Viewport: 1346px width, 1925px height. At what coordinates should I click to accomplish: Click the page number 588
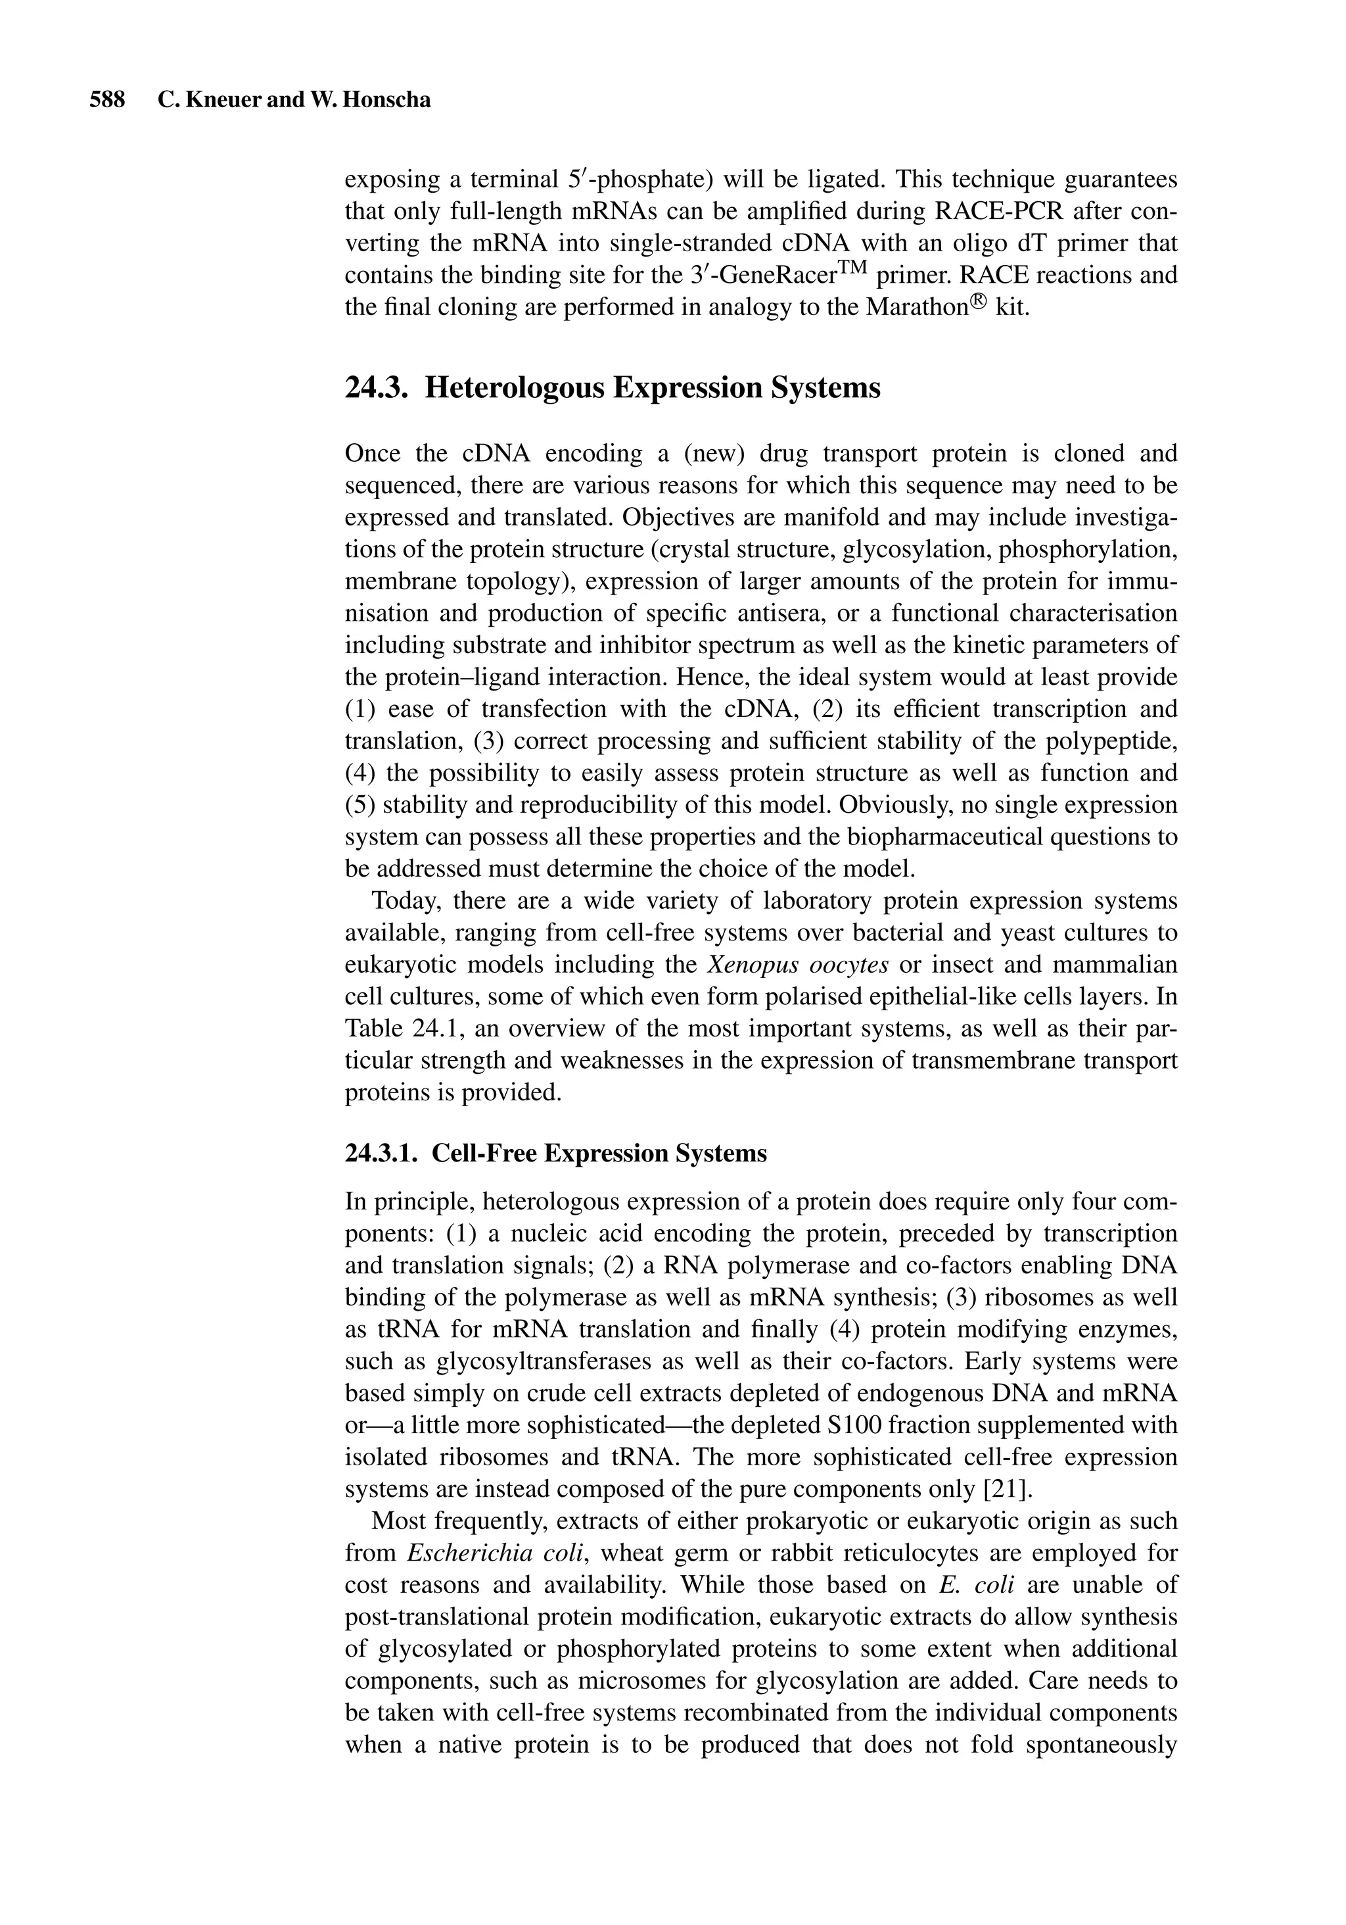[107, 101]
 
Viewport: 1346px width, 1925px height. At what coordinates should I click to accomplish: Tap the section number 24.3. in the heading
[377, 387]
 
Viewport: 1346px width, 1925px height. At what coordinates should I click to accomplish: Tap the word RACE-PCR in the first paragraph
[986, 210]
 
